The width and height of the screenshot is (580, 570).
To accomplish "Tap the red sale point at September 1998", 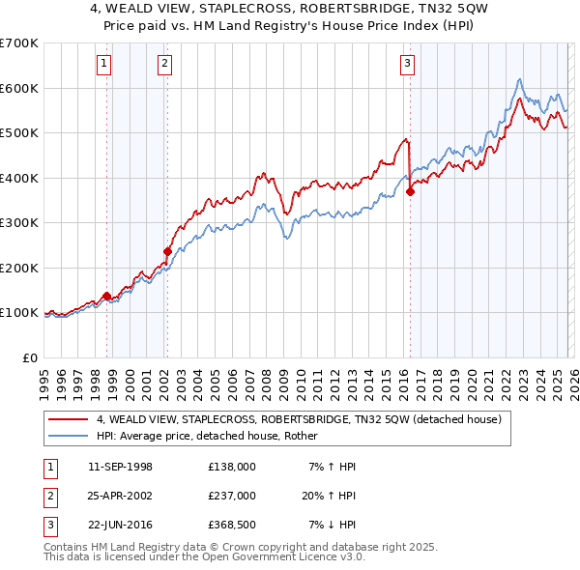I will tap(106, 296).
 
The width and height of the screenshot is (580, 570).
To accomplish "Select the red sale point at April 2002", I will tap(167, 251).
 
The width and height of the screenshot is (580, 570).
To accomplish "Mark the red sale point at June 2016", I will tap(410, 191).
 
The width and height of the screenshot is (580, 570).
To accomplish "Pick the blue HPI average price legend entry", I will tap(214, 437).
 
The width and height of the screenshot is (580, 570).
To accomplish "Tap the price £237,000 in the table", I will tap(231, 495).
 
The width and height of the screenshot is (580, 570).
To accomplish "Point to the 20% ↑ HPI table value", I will tap(329, 495).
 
